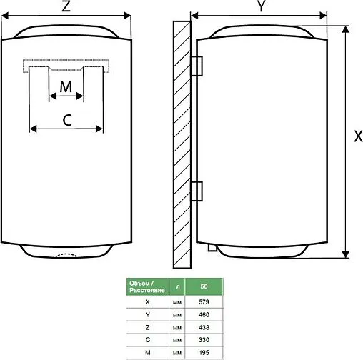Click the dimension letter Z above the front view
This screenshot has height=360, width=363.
click(65, 7)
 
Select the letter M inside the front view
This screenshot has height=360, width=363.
click(66, 86)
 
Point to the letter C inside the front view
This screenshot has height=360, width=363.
click(66, 120)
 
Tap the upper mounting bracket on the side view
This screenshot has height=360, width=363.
click(198, 63)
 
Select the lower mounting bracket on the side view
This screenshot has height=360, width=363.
click(198, 191)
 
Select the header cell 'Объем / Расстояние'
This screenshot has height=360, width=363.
click(146, 286)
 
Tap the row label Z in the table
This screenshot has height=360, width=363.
click(146, 328)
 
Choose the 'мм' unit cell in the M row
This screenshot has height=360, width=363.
click(177, 354)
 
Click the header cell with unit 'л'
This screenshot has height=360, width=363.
click(177, 286)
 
